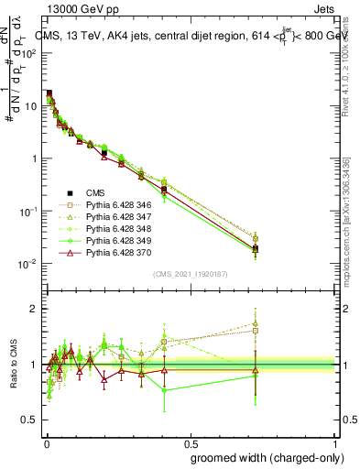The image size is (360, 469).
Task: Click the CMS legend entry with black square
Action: (96, 192)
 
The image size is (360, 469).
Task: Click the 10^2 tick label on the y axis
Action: (29, 53)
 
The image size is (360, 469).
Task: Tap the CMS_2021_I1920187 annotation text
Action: (191, 274)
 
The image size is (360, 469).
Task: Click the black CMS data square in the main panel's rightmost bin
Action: (256, 248)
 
